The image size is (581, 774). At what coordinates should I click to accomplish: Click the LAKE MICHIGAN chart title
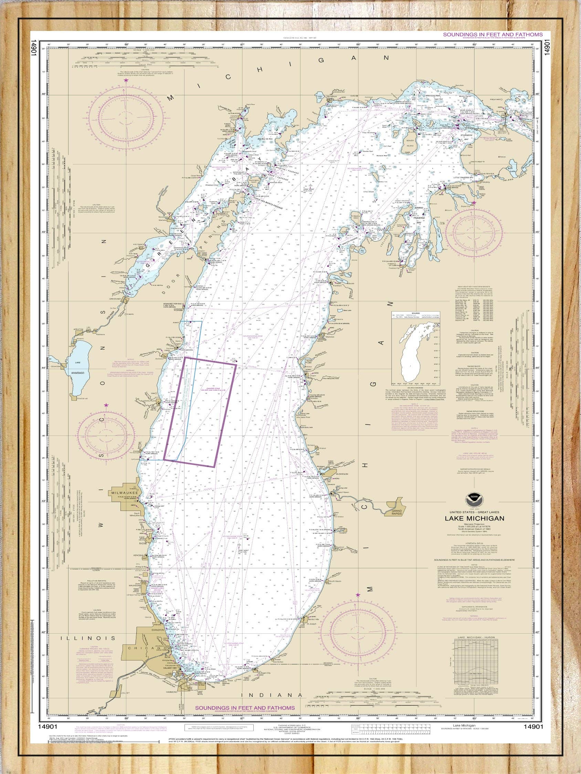[x=475, y=518]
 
